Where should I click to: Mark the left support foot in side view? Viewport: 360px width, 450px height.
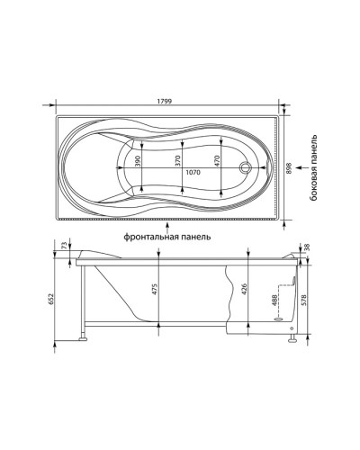[x=86, y=338]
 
